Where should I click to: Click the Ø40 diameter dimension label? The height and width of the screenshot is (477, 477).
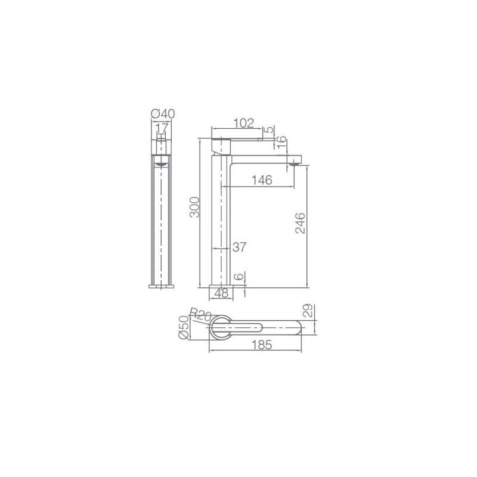(x=163, y=114)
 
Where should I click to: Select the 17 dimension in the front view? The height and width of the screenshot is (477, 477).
(x=162, y=128)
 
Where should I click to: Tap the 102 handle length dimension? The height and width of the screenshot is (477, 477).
(x=243, y=123)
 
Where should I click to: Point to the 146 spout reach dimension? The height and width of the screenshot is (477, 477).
(x=262, y=180)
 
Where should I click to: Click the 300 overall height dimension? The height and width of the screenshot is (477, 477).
(x=195, y=207)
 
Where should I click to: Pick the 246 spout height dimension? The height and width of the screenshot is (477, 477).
(x=301, y=223)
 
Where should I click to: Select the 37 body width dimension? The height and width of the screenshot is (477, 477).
(x=239, y=247)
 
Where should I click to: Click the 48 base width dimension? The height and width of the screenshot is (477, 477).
(x=221, y=293)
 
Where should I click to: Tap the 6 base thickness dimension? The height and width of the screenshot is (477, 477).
(x=240, y=277)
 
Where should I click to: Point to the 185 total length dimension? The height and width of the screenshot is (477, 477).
(x=262, y=345)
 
